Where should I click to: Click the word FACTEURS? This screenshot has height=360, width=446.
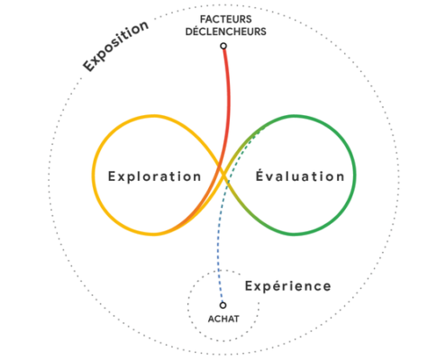(x=226, y=19)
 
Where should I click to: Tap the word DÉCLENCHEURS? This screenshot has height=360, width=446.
(x=226, y=31)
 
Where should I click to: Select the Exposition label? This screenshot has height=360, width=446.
(x=115, y=46)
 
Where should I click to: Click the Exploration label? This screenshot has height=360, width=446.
(x=154, y=176)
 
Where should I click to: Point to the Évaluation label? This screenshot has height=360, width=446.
(x=300, y=175)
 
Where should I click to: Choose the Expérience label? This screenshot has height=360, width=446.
(x=288, y=286)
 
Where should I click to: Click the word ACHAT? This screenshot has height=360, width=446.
(x=223, y=319)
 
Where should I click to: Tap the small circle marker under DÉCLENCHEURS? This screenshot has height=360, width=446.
(x=223, y=46)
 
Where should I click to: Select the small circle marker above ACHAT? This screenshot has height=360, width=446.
(x=223, y=305)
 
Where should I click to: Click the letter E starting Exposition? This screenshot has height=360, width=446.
(x=89, y=66)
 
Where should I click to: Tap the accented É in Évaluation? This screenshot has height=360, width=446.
(x=260, y=175)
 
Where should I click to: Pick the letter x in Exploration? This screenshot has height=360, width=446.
(x=121, y=177)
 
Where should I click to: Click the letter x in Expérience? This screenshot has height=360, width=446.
(x=258, y=287)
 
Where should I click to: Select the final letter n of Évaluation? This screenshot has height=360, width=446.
(x=341, y=177)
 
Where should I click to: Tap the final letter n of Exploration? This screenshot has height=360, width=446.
(x=197, y=177)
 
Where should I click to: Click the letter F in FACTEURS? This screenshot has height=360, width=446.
(x=203, y=19)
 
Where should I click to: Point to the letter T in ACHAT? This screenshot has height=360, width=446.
(x=236, y=319)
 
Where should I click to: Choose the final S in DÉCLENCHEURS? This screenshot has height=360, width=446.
(x=263, y=31)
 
